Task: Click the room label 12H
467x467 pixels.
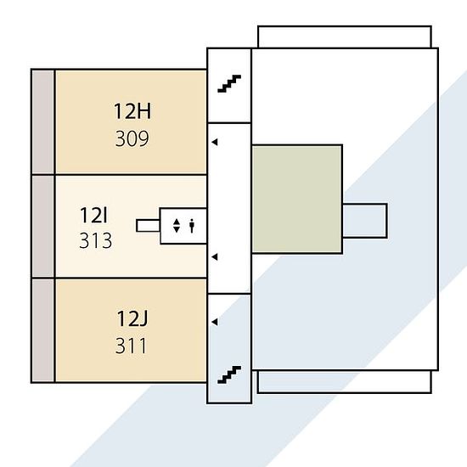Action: point(132,111)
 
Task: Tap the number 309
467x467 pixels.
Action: point(132,138)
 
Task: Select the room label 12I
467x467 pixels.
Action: point(93,216)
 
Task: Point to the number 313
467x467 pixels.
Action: point(96,240)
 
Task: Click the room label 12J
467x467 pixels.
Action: point(132,318)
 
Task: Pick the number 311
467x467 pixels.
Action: point(131,346)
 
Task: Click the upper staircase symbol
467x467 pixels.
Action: point(229,84)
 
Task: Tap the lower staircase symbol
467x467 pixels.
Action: point(229,374)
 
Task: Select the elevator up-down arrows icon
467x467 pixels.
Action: point(177,226)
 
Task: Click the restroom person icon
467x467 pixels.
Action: point(192,226)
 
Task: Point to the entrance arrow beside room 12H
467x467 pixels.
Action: point(215,143)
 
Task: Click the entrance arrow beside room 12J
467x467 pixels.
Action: point(215,322)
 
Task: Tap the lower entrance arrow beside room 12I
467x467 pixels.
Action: point(215,256)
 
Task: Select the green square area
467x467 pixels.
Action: point(297,200)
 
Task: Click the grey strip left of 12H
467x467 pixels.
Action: point(43,121)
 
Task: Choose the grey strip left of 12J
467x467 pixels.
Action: point(43,330)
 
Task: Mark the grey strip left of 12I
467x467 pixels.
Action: point(43,226)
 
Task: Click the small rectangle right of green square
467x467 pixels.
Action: point(365,221)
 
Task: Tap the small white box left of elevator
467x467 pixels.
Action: point(148,226)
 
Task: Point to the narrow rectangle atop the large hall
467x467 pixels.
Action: point(345,37)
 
